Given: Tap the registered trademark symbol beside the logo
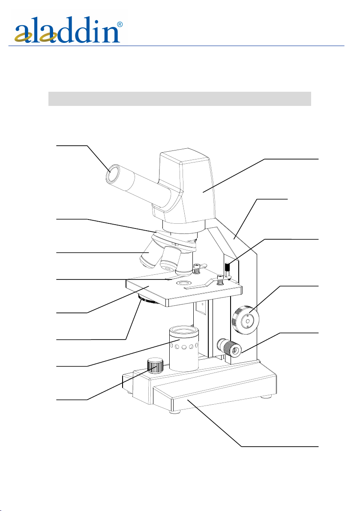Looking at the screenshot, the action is click(x=120, y=24).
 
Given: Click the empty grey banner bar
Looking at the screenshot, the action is click(x=180, y=99).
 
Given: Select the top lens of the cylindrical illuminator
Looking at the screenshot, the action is click(x=184, y=331).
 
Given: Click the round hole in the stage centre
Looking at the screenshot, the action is click(x=183, y=283).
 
